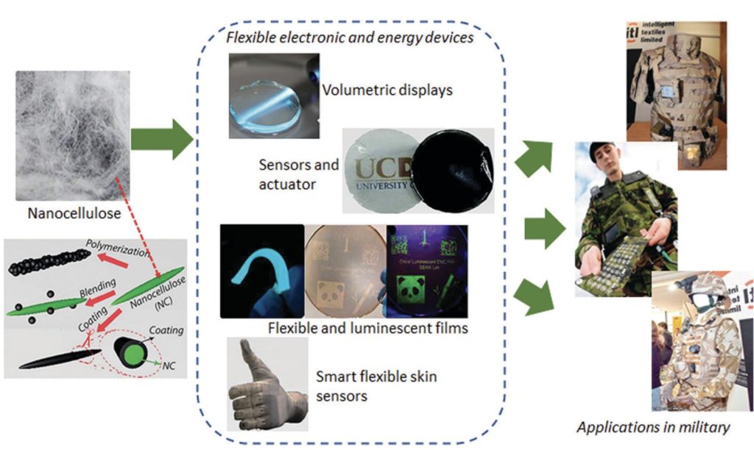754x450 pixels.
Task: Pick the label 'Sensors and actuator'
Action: (298, 174)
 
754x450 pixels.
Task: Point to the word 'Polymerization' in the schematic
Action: (116, 246)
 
